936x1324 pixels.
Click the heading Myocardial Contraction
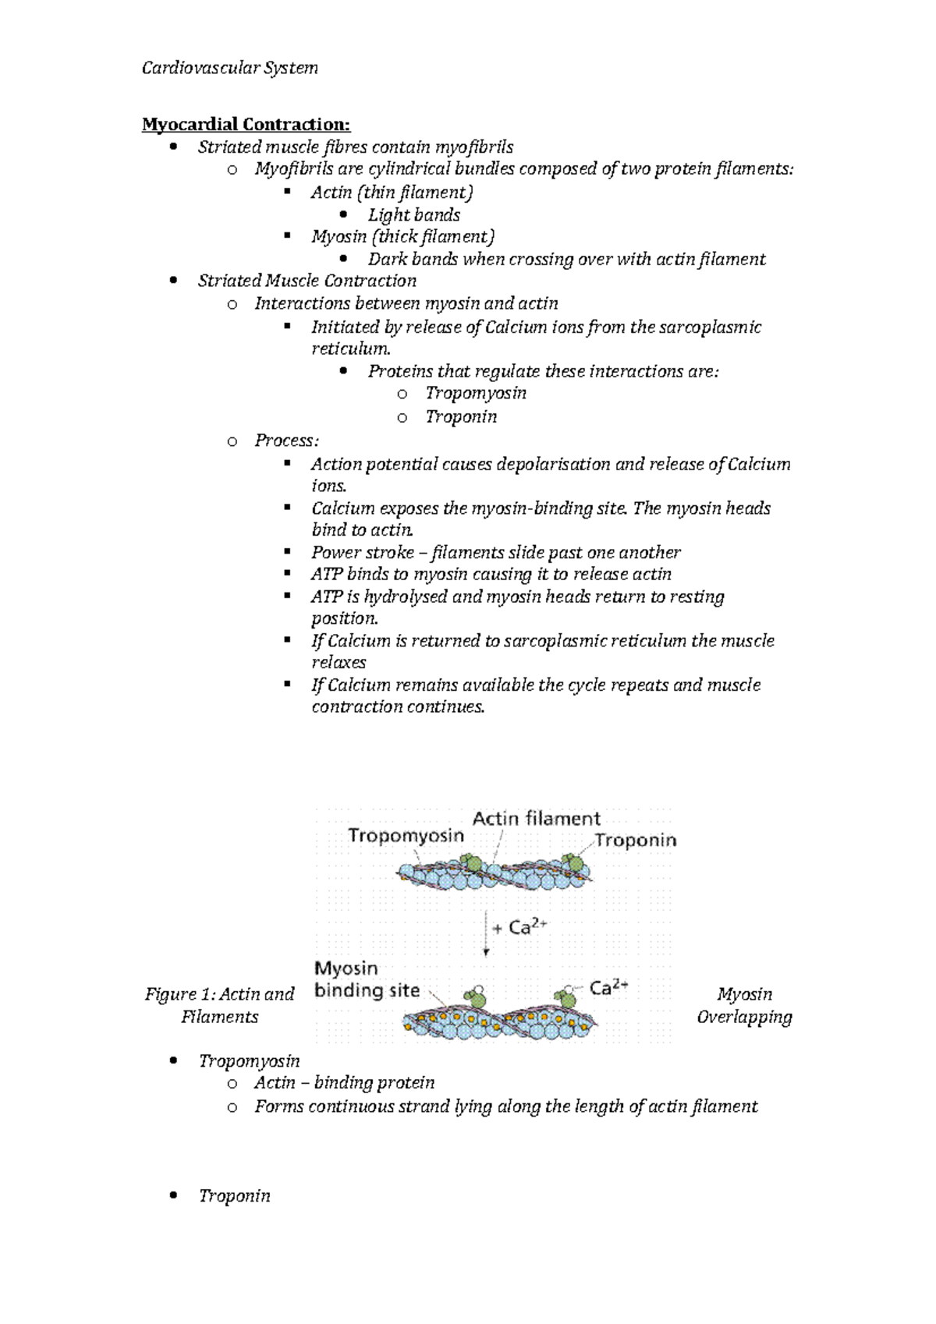[x=246, y=125]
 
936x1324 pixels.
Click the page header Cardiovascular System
[x=229, y=69]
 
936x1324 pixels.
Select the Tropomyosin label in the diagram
[x=406, y=836]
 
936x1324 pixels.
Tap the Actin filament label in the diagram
[x=537, y=819]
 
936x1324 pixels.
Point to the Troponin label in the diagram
[x=636, y=841]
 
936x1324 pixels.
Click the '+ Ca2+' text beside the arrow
[x=520, y=927]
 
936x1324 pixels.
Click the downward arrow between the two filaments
[x=486, y=933]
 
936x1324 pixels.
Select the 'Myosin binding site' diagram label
[x=367, y=980]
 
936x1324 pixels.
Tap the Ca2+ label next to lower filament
[x=609, y=989]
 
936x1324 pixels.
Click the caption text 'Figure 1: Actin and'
[x=219, y=994]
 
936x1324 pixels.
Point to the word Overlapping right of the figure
[x=744, y=1017]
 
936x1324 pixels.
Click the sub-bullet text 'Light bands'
[x=413, y=215]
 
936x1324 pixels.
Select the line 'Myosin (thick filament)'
[x=402, y=237]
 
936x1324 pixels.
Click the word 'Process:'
[x=286, y=441]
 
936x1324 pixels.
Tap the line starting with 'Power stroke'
[x=495, y=553]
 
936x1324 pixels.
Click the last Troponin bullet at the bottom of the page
[x=234, y=1196]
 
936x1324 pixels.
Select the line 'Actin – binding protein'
[x=344, y=1083]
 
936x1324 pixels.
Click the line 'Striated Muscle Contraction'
[x=307, y=281]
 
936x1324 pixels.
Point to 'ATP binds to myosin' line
[x=491, y=575]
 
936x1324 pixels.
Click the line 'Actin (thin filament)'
[x=392, y=193]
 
